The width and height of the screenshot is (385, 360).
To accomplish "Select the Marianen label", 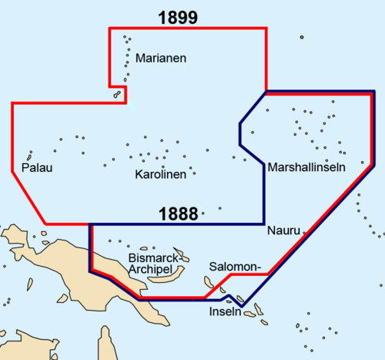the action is pos(161,58).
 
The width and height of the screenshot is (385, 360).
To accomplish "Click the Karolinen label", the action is pos(161,175).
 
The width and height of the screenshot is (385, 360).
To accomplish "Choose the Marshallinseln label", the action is pos(306,167).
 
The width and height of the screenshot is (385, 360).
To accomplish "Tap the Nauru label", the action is pos(283,230).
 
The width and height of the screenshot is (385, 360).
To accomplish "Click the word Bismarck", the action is pos(154,256).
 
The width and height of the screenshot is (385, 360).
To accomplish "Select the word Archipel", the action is pos(152,269).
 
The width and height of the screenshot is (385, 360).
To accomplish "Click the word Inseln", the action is pos(226,314).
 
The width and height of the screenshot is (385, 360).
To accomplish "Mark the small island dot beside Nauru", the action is pos(306,230).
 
